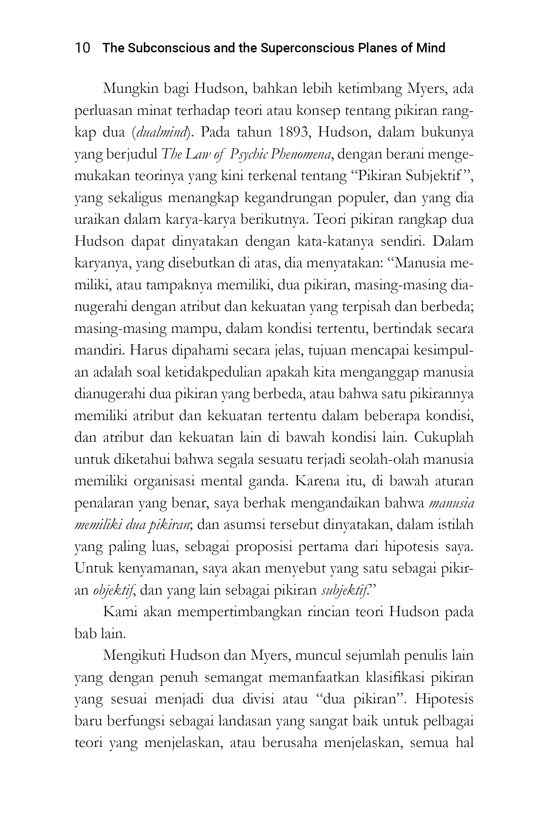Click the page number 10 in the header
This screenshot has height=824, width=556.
point(82,48)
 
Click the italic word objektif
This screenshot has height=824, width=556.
point(113,590)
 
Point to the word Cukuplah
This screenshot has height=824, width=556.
point(444,437)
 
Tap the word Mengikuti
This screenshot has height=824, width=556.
point(133,655)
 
